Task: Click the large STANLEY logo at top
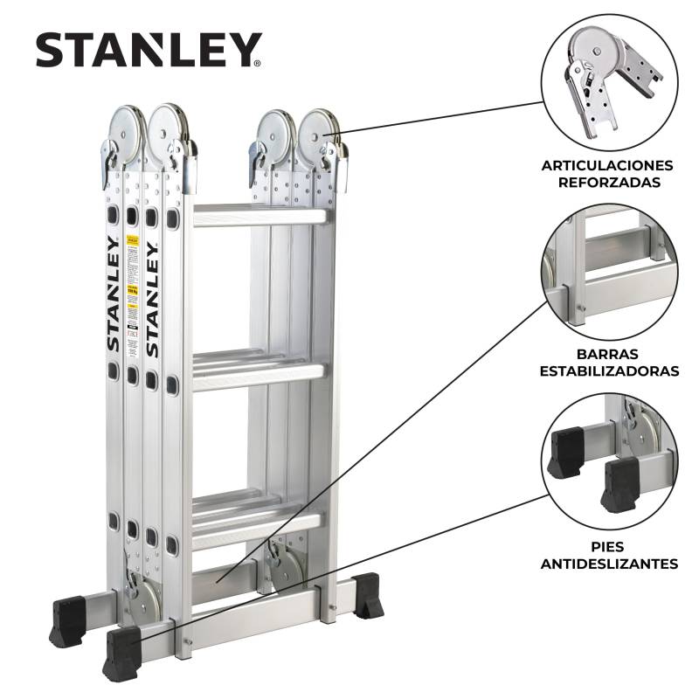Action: pyautogui.click(x=149, y=50)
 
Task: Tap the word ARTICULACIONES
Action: pyautogui.click(x=607, y=165)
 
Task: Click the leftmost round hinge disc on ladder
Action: pyautogui.click(x=126, y=127)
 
